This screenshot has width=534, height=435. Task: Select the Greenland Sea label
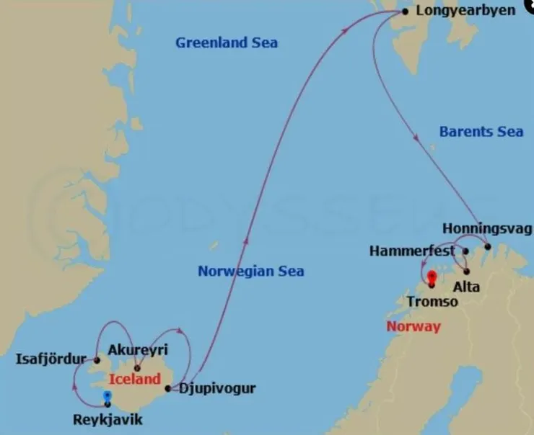pyautogui.click(x=226, y=43)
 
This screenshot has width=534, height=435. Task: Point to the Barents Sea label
pyautogui.click(x=481, y=132)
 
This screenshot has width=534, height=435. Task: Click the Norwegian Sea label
pyautogui.click(x=250, y=272)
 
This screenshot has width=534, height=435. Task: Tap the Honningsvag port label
pyautogui.click(x=488, y=229)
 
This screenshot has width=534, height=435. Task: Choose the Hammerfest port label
pyautogui.click(x=412, y=251)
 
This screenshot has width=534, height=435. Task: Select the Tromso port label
pyautogui.click(x=432, y=302)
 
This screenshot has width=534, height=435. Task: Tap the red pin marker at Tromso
pyautogui.click(x=432, y=278)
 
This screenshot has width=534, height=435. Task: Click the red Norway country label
pyautogui.click(x=413, y=326)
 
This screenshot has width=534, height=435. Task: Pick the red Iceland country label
pyautogui.click(x=135, y=379)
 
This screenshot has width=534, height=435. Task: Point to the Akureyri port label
pyautogui.click(x=137, y=350)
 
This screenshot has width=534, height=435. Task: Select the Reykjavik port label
pyautogui.click(x=108, y=420)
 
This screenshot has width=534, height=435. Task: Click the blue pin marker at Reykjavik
pyautogui.click(x=108, y=397)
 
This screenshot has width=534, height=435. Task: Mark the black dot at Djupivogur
pyautogui.click(x=169, y=389)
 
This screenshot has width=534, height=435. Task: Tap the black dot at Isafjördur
pyautogui.click(x=97, y=359)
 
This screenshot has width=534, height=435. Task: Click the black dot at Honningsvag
pyautogui.click(x=488, y=247)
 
